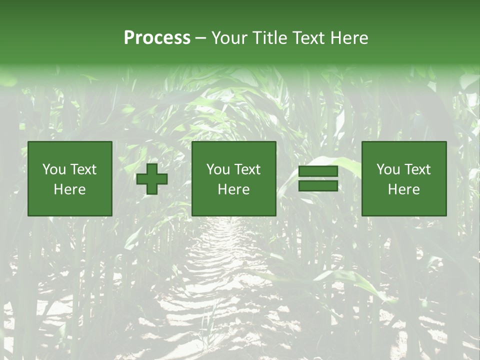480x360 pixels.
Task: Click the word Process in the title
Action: (x=157, y=38)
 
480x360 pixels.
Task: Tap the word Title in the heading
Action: (x=268, y=38)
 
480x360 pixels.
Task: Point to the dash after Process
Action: (x=201, y=38)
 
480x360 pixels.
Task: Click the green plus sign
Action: (x=152, y=179)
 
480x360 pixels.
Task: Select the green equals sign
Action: (x=318, y=178)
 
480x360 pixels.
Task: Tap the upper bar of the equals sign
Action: (x=318, y=171)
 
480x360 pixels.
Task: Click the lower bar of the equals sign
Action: (x=318, y=185)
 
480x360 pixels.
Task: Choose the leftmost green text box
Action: (x=69, y=178)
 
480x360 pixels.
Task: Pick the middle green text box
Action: (x=233, y=178)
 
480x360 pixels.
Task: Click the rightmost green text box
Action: (x=403, y=178)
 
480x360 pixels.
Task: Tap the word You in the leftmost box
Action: (x=54, y=169)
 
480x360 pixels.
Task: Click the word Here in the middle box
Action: (x=233, y=189)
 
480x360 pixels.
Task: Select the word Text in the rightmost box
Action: (x=417, y=169)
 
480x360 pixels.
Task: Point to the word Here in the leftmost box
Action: (x=69, y=189)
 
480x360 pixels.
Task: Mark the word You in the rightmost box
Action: (x=388, y=169)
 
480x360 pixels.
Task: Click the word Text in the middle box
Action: (x=247, y=169)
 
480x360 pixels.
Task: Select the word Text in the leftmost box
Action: (x=83, y=169)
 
